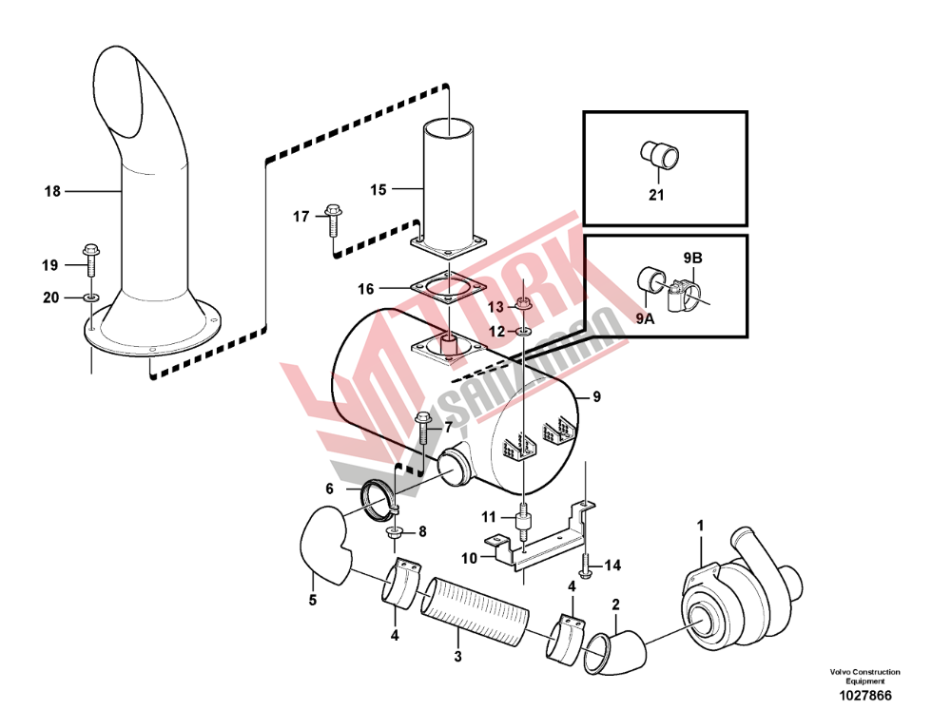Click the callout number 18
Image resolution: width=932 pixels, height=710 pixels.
pyautogui.click(x=52, y=191)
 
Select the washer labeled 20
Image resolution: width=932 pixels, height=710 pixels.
pyautogui.click(x=91, y=297)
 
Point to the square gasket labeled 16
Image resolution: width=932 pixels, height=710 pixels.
pyautogui.click(x=448, y=288)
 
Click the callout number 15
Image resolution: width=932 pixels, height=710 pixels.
pyautogui.click(x=379, y=190)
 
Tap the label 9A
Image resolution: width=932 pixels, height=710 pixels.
pyautogui.click(x=645, y=319)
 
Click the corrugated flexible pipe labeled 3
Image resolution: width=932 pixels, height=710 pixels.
pyautogui.click(x=475, y=612)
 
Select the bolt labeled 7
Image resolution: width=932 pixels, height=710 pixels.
pyautogui.click(x=422, y=429)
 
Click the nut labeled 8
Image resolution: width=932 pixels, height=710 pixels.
pyautogui.click(x=394, y=532)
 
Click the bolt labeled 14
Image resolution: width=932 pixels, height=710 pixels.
pyautogui.click(x=585, y=566)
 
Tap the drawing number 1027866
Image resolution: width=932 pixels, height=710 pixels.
pyautogui.click(x=864, y=696)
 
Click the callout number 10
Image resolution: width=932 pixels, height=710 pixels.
pyautogui.click(x=470, y=559)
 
